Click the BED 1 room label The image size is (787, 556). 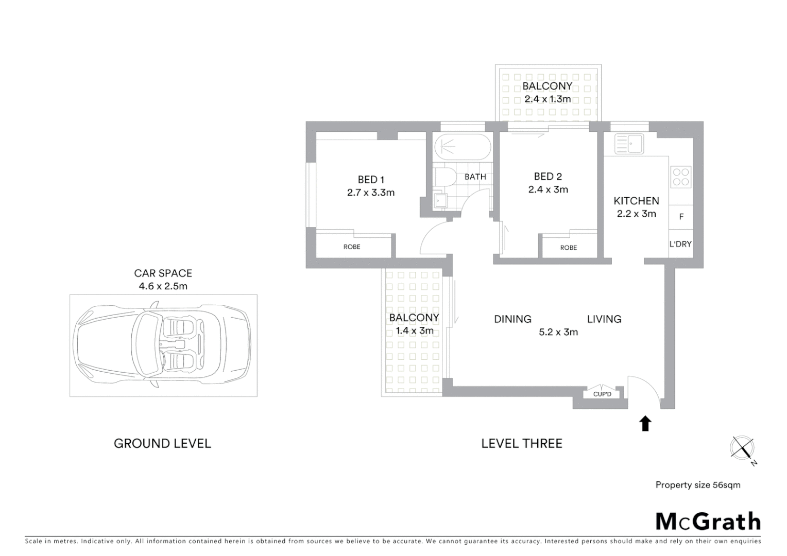pyautogui.click(x=371, y=180)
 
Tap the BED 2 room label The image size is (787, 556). pyautogui.click(x=548, y=177)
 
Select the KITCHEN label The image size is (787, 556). pyautogui.click(x=636, y=201)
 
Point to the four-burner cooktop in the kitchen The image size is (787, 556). pyautogui.click(x=681, y=177)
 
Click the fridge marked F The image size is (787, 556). pyautogui.click(x=681, y=217)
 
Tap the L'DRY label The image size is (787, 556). pyautogui.click(x=680, y=244)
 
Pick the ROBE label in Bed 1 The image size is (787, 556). pyautogui.click(x=352, y=247)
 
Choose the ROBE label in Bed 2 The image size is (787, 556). pyautogui.click(x=569, y=248)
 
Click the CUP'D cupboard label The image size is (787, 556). pyautogui.click(x=602, y=394)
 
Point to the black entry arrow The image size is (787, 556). pyautogui.click(x=645, y=424)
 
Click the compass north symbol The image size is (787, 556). pyautogui.click(x=743, y=448)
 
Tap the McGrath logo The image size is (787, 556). pyautogui.click(x=708, y=522)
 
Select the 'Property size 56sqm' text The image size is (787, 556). pyautogui.click(x=697, y=485)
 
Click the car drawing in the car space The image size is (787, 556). pyautogui.click(x=162, y=345)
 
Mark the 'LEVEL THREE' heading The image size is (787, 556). pyautogui.click(x=521, y=443)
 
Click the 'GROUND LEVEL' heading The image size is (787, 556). pyautogui.click(x=162, y=443)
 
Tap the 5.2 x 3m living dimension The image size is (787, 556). pyautogui.click(x=558, y=332)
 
